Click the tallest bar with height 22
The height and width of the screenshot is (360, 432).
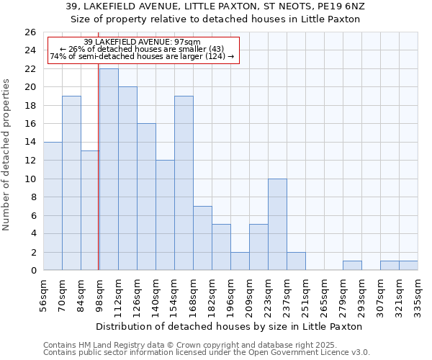109,169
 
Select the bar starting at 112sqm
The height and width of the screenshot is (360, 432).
127,179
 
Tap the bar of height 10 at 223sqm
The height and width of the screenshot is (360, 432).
277,224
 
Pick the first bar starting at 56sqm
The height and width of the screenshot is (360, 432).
53,206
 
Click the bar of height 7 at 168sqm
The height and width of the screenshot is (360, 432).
202,238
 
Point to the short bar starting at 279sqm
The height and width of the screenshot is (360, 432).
352,266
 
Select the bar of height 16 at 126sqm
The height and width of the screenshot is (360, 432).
146,197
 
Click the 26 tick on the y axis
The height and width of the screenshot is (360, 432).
30,32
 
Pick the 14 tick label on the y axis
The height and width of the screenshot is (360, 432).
30,143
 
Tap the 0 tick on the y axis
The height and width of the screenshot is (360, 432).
32,271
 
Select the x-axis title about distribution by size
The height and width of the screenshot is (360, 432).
228,326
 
